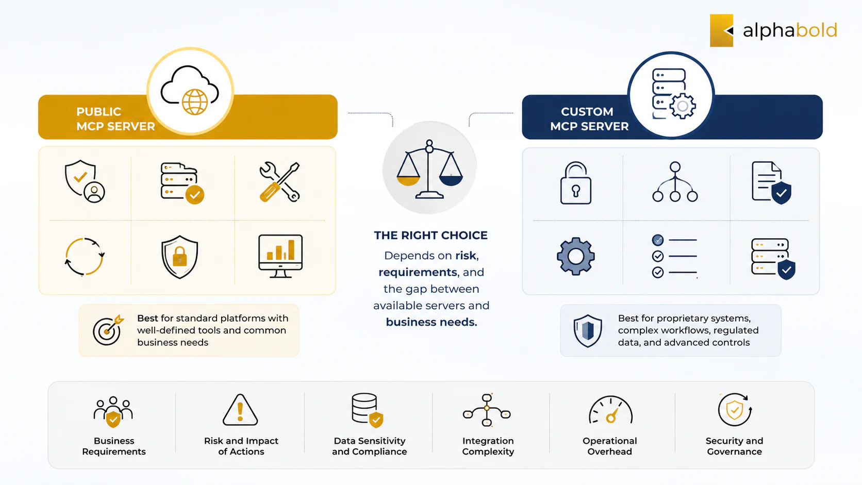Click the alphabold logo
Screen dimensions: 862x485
tap(773, 30)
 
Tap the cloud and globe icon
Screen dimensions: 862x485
tap(190, 91)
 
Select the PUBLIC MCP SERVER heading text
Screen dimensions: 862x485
tap(115, 119)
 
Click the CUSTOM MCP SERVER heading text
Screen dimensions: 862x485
tap(589, 119)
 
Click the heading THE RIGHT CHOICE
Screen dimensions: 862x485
tap(430, 236)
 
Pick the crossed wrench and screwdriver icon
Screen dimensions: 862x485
tap(279, 182)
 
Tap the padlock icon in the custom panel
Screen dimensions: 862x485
tap(576, 182)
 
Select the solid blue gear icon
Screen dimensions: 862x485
tap(576, 256)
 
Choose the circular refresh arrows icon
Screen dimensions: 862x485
tap(84, 257)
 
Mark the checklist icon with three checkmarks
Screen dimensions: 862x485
tap(674, 256)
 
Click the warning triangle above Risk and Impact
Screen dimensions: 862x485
tap(240, 410)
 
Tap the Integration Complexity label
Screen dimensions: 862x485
tap(488, 446)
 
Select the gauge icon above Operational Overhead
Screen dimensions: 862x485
tap(610, 410)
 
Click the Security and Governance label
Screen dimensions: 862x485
tap(734, 446)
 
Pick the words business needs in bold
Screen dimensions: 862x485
tap(432, 322)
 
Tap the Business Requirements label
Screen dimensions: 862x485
tap(114, 446)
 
